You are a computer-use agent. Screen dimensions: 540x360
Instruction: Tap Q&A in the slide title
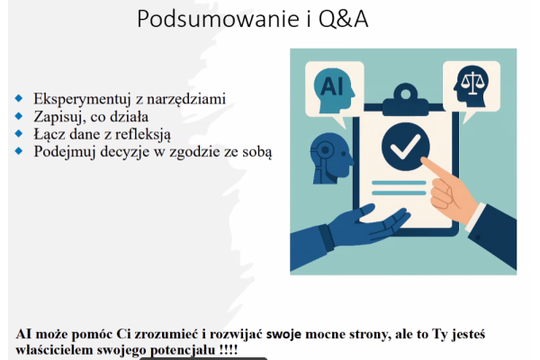click(x=344, y=19)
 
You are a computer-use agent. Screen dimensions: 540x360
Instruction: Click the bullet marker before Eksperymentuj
click(x=19, y=98)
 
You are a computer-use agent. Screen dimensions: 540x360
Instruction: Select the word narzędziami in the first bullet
click(x=186, y=100)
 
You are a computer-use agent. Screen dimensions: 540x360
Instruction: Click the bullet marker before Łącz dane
click(x=19, y=133)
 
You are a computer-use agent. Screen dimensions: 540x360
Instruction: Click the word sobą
click(x=256, y=151)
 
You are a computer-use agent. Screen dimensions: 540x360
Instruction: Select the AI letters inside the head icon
click(x=332, y=85)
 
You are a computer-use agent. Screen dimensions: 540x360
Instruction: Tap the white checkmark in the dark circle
click(x=405, y=147)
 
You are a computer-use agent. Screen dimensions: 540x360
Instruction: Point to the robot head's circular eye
click(x=325, y=150)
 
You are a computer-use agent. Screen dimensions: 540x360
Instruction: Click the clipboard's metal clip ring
click(x=406, y=94)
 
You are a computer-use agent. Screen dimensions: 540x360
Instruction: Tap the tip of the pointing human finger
click(x=423, y=160)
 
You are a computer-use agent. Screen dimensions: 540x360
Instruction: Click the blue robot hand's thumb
click(x=366, y=210)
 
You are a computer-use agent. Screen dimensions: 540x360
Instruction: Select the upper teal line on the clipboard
click(x=399, y=183)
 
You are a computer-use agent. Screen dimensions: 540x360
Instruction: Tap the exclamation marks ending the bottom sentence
click(x=229, y=350)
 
